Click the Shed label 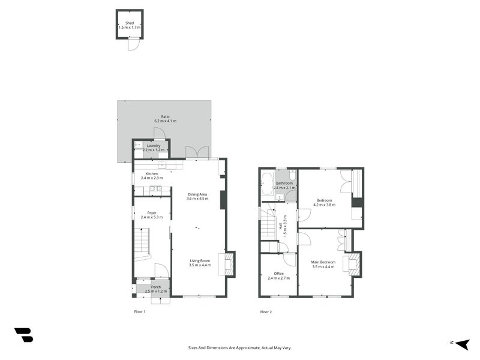[129, 23]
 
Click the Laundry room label [153, 145]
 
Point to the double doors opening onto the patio [197, 152]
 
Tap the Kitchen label [151, 173]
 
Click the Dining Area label [197, 194]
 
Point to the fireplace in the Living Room [229, 264]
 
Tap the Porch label [155, 287]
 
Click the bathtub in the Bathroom [267, 184]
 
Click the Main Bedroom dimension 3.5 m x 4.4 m [323, 267]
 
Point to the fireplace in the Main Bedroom [355, 265]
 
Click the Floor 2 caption [266, 312]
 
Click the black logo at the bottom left [23, 335]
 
